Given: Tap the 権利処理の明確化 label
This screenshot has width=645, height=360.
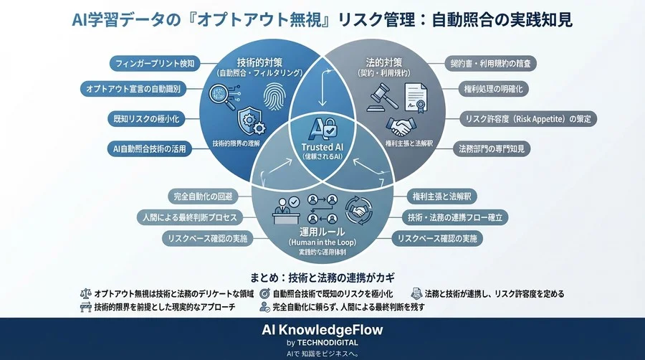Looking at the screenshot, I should click(x=494, y=89).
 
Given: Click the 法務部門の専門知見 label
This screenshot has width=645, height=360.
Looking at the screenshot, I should click(x=494, y=149).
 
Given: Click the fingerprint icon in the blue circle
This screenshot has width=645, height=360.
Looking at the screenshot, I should click(x=272, y=96).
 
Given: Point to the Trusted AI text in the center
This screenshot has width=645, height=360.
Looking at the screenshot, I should click(x=323, y=147).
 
